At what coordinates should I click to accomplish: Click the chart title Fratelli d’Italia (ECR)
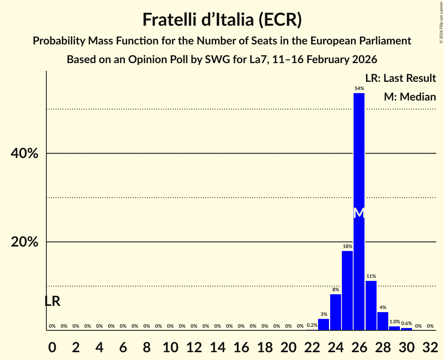222,19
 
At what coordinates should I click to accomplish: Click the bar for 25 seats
347,290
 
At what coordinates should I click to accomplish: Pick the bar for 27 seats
371,305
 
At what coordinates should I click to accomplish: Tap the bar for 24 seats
335,312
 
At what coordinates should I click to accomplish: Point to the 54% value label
359,88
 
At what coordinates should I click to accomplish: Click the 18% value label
347,246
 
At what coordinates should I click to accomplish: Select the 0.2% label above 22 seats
312,325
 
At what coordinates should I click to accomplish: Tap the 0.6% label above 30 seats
407,323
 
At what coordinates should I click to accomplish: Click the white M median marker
359,213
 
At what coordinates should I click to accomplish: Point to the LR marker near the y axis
52,301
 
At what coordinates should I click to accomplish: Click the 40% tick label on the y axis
24,154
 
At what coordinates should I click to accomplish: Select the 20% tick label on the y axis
24,242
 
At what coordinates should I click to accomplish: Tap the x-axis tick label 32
430,346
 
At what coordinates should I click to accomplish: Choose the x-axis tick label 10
170,346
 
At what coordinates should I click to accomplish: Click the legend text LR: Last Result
400,78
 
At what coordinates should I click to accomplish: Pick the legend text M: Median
410,97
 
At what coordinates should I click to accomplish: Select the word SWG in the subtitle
200,60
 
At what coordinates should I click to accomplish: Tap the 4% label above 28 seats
383,307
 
